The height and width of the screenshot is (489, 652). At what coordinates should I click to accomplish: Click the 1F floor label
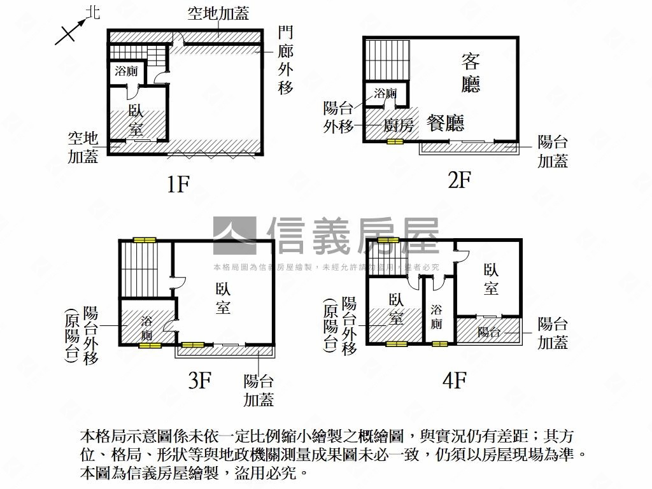click(x=178, y=184)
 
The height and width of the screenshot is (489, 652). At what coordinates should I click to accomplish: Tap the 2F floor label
click(x=459, y=180)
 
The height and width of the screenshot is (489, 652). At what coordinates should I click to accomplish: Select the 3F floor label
click(x=199, y=380)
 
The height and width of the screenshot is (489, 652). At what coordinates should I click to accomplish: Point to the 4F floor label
click(x=455, y=381)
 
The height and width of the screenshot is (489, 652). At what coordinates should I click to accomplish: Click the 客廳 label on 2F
click(x=471, y=73)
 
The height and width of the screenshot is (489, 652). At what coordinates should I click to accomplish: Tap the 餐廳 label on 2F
click(x=446, y=123)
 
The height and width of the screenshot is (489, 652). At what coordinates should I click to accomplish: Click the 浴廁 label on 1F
click(x=126, y=72)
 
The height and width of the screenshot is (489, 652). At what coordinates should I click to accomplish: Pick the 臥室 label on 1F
click(x=136, y=120)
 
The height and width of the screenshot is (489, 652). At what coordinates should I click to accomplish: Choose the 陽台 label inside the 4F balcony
click(x=488, y=331)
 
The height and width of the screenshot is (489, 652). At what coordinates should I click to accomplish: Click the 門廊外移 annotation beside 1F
click(x=286, y=60)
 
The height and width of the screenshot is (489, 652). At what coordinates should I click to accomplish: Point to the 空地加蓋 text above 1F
click(x=218, y=14)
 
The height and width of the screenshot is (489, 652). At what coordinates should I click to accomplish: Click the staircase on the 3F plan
click(x=138, y=270)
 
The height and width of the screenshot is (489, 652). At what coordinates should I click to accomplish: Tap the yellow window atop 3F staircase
click(x=145, y=240)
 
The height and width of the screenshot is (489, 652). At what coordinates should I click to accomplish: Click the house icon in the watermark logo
click(x=234, y=236)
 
